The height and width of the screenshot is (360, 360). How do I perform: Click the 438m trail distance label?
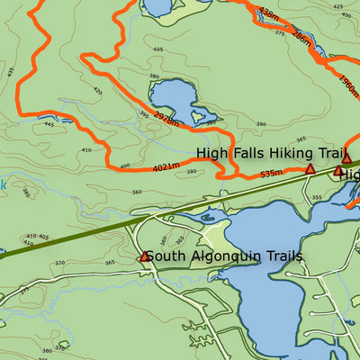(268, 13)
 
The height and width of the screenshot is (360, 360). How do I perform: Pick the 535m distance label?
(271, 173)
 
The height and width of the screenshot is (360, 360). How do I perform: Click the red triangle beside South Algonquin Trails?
(144, 257)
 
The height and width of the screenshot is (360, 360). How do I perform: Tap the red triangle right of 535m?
(310, 169)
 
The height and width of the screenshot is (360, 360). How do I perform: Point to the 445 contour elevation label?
(49, 125)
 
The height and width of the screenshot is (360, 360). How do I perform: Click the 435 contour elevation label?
(11, 70)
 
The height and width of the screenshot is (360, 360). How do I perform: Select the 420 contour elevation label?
(97, 90)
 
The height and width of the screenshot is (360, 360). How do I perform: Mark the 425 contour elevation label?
(337, 6)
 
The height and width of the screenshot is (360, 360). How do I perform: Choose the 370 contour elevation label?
(59, 262)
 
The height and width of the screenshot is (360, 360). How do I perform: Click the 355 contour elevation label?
(314, 196)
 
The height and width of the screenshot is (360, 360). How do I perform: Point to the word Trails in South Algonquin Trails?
(278, 256)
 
